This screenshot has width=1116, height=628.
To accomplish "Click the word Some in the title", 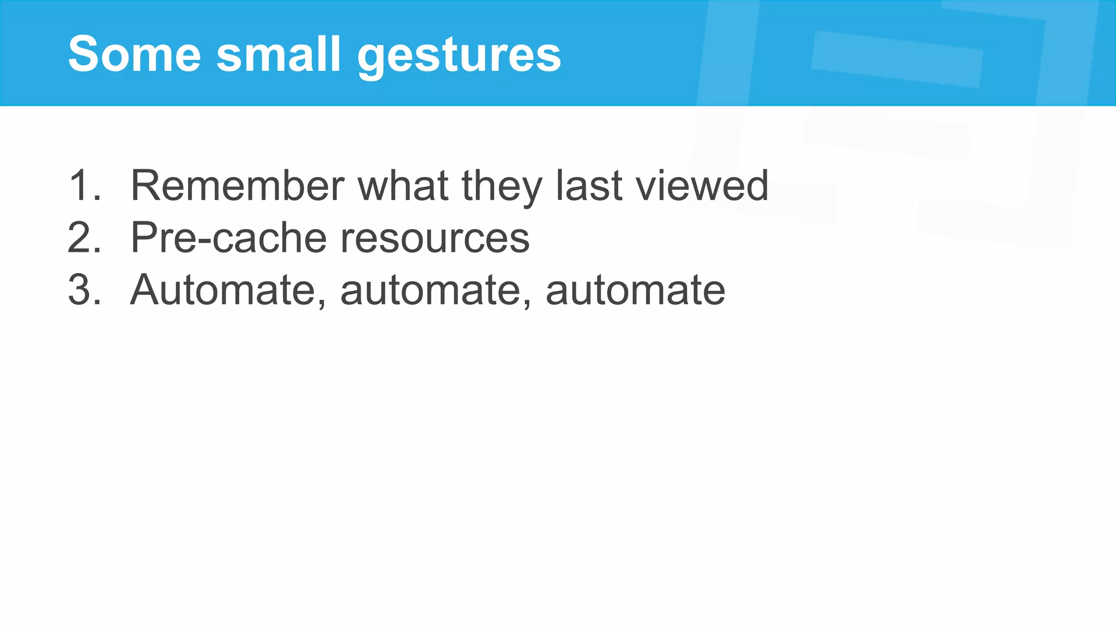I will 134,54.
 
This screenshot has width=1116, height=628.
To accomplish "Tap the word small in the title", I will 278,54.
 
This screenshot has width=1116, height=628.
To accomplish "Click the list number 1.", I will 83,185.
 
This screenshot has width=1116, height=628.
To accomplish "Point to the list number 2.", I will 83,238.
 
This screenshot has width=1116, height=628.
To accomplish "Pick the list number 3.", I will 83,289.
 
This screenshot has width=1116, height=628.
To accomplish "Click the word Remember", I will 237,185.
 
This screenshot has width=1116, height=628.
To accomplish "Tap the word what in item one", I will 403,185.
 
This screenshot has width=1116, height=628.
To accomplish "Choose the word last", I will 589,185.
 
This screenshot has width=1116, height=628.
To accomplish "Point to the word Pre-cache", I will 229,238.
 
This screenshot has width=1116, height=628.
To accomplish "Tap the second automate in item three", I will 430,291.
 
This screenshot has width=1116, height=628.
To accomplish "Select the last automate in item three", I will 635,291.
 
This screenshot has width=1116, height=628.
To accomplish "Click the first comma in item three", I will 322,303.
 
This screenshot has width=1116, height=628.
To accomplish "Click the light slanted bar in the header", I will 897,59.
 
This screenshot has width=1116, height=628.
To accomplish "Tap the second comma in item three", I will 527,303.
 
